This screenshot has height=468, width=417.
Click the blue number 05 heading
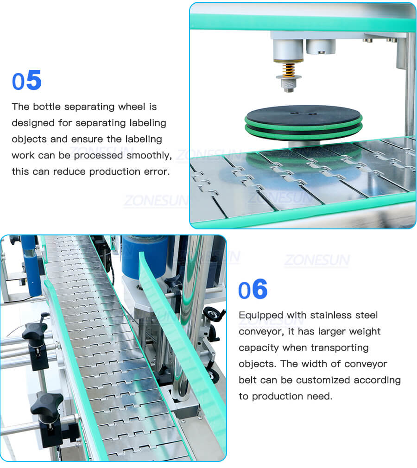coord(27,81)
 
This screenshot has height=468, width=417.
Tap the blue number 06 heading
coord(253,290)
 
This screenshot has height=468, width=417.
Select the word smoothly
coord(148,155)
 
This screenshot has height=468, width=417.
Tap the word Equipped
coord(260,315)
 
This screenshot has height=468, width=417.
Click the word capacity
coord(257,348)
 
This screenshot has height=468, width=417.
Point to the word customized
coord(322,380)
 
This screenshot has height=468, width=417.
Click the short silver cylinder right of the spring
coord(320,46)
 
